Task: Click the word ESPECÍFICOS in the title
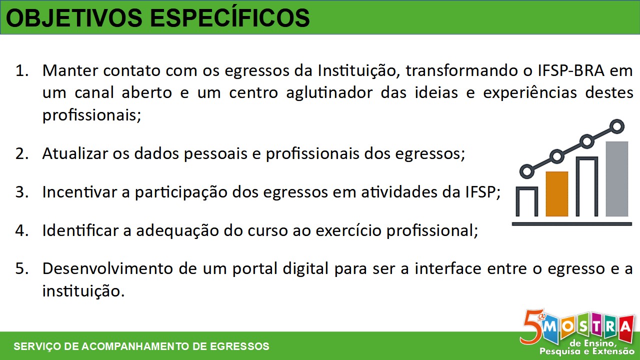[229, 17]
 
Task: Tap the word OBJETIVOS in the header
[74, 18]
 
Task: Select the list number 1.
[22, 70]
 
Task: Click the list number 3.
[22, 191]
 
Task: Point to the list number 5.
[22, 268]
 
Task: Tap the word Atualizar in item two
[75, 153]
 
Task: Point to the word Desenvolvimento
[107, 268]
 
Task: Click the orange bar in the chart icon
[557, 193]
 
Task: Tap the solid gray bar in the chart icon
[617, 179]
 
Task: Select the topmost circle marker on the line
[617, 126]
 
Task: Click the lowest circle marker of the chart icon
[527, 171]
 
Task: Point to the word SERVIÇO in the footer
[37, 346]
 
